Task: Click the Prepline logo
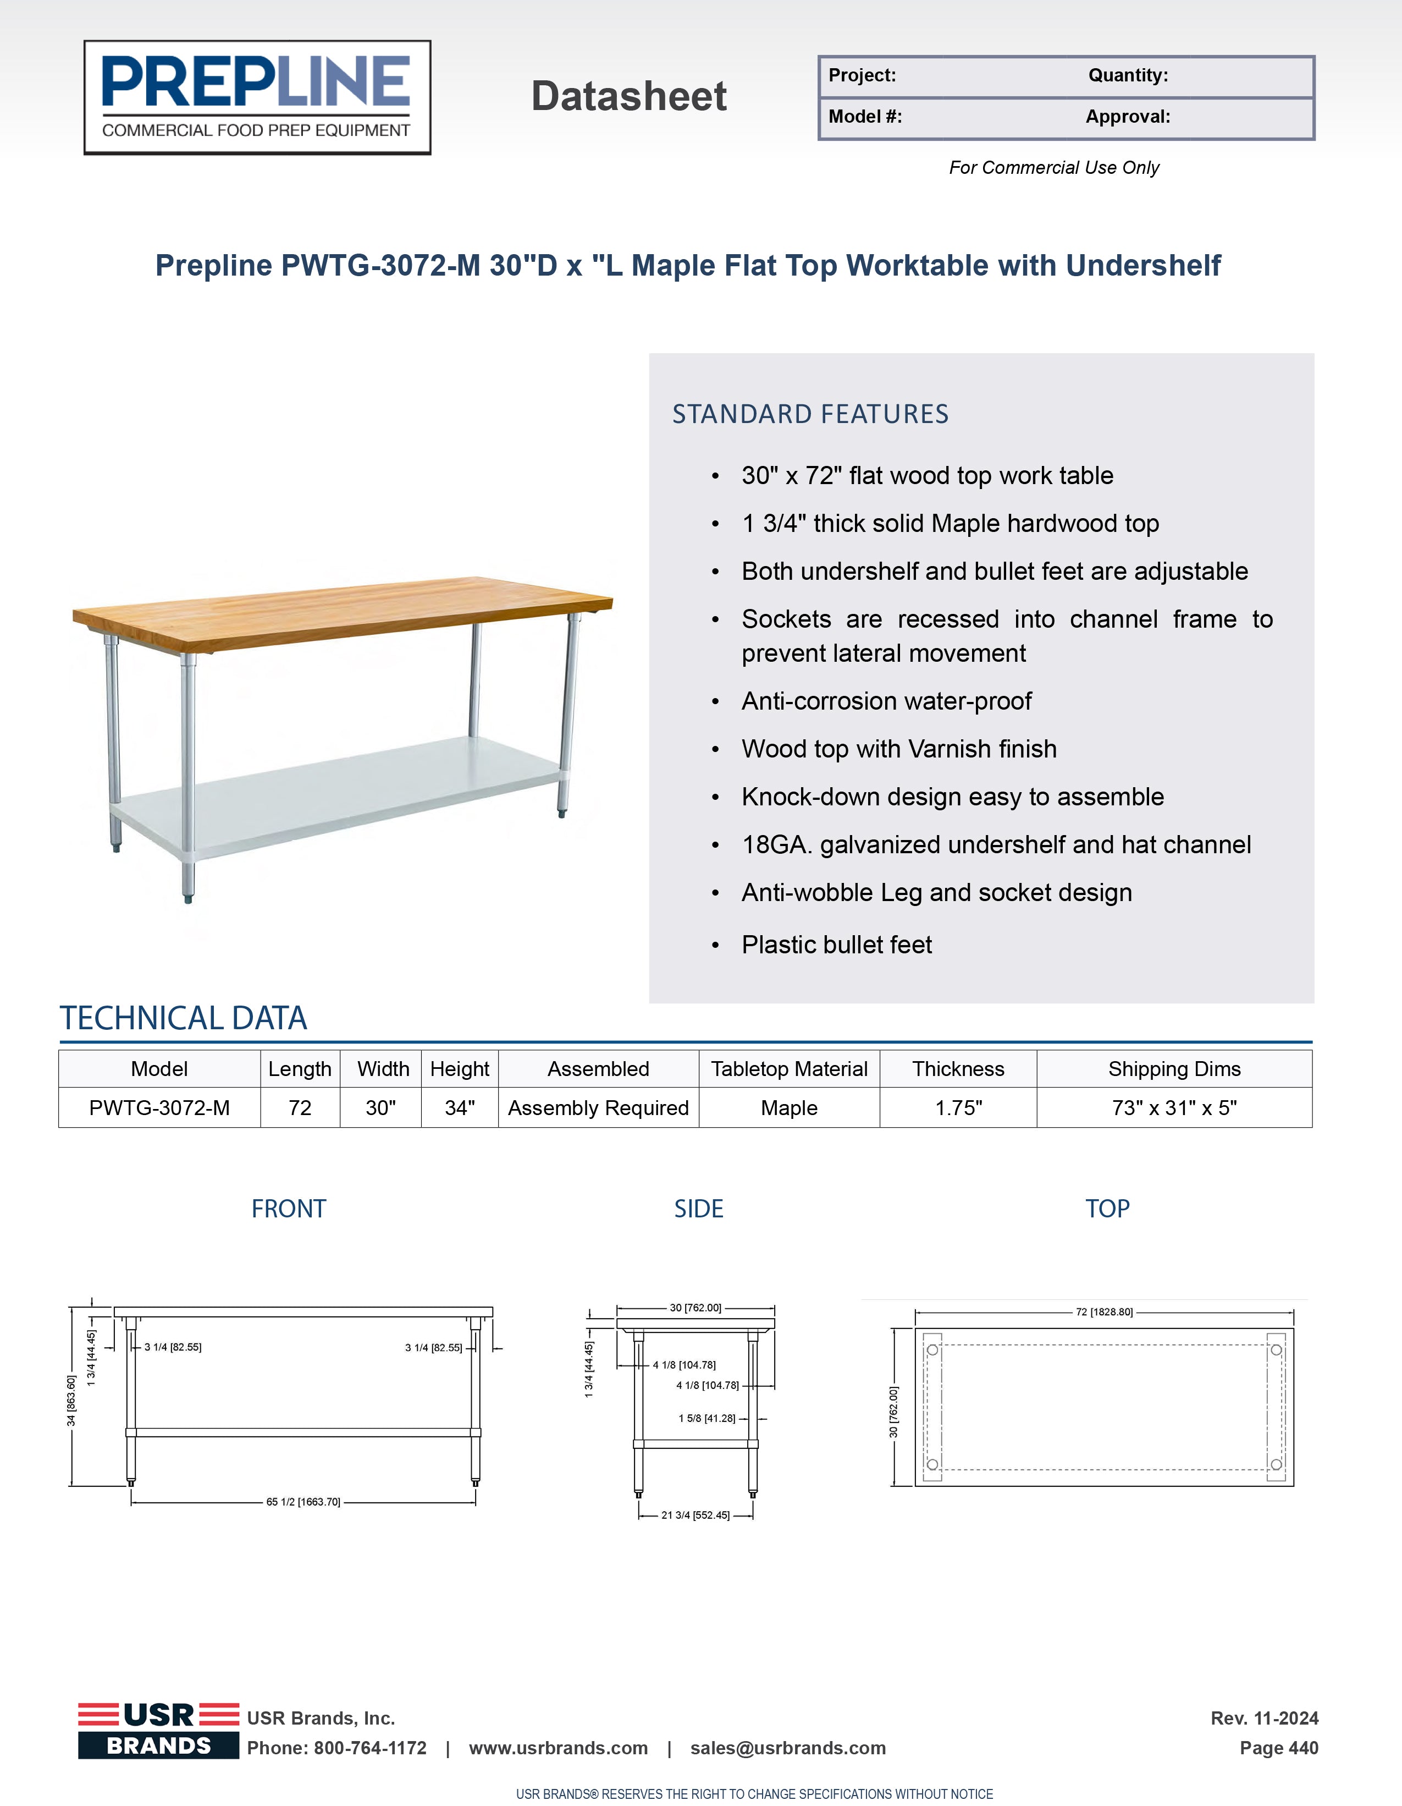pyautogui.click(x=257, y=97)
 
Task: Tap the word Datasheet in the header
pyautogui.click(x=628, y=96)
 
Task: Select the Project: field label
pyautogui.click(x=862, y=75)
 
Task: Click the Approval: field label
pyautogui.click(x=1128, y=117)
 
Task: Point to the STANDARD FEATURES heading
pyautogui.click(x=810, y=414)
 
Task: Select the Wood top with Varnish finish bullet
pyautogui.click(x=898, y=748)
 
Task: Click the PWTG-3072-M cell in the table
pyautogui.click(x=159, y=1107)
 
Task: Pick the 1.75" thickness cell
pyautogui.click(x=958, y=1107)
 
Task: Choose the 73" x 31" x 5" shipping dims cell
pyautogui.click(x=1174, y=1107)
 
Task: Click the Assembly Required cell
pyautogui.click(x=598, y=1107)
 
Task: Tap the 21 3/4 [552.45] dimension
pyautogui.click(x=695, y=1515)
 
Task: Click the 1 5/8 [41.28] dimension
pyautogui.click(x=707, y=1418)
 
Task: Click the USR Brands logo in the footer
pyautogui.click(x=158, y=1730)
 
